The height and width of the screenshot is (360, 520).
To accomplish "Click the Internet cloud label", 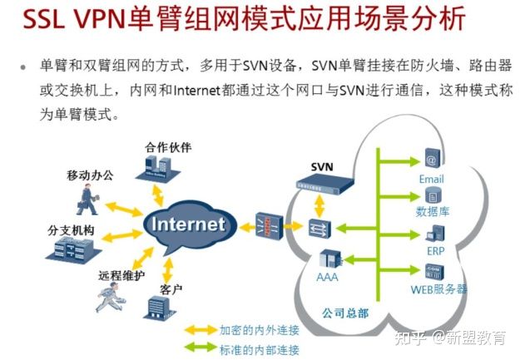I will [x=188, y=224].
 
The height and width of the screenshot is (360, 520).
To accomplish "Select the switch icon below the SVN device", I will [x=316, y=226].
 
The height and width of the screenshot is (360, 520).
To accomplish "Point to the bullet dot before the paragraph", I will [x=23, y=67].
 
